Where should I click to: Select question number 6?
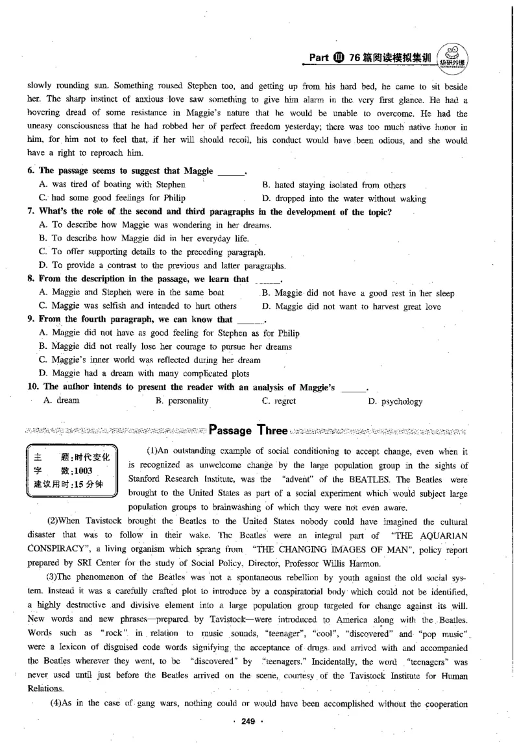point(31,171)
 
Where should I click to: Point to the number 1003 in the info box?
point(84,471)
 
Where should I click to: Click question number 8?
point(31,279)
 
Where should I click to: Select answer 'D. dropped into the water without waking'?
point(344,198)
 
